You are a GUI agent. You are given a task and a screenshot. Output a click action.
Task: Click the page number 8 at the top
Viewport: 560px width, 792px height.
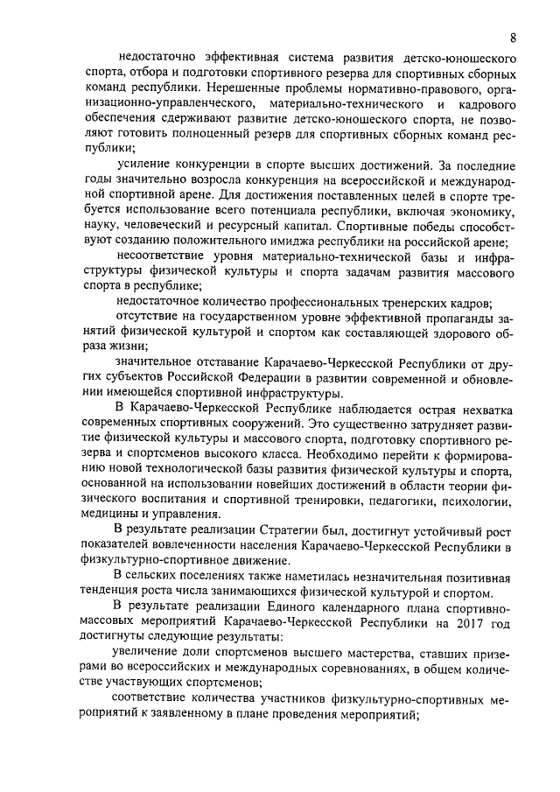[x=513, y=37]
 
